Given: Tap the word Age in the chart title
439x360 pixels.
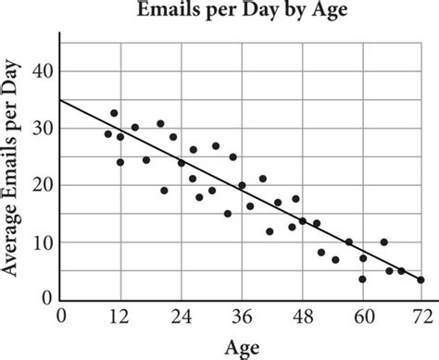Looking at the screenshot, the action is click(x=330, y=11).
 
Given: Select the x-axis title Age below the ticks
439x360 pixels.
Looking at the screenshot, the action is click(x=243, y=348).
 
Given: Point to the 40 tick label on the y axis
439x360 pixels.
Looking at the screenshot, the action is click(x=43, y=72).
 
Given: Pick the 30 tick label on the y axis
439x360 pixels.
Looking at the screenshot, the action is click(x=43, y=129).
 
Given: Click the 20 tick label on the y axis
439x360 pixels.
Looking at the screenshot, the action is click(x=43, y=186).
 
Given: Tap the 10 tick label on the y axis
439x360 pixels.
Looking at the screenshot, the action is click(x=43, y=242).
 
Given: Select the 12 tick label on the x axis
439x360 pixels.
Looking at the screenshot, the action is click(x=119, y=317).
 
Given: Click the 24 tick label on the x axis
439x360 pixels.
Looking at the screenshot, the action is click(x=182, y=317).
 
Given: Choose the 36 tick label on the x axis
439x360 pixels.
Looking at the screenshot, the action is click(x=242, y=317).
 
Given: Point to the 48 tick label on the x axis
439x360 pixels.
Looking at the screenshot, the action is click(x=303, y=317).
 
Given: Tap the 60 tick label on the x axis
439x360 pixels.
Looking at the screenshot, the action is click(x=364, y=317).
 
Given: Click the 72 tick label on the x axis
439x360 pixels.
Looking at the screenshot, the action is click(x=423, y=317).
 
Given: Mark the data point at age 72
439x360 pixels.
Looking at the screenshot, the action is click(x=420, y=279).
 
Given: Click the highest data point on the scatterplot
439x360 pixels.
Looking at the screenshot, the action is click(x=114, y=113).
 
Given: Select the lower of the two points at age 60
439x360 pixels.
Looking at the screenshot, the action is click(x=363, y=279).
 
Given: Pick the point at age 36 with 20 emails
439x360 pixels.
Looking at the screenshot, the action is click(x=242, y=185).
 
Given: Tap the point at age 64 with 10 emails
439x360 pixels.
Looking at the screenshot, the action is click(x=384, y=242).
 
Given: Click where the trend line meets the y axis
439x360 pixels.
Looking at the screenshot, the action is click(x=60, y=100).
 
